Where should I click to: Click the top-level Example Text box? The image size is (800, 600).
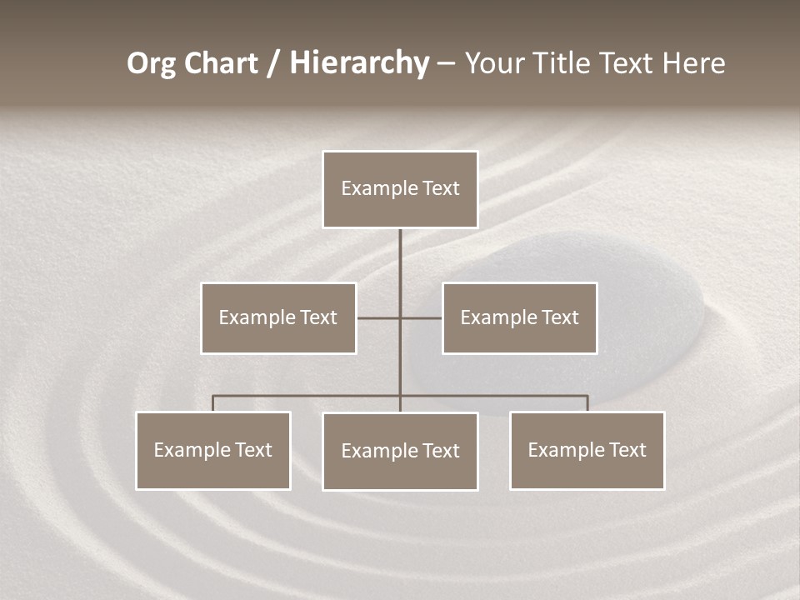click(400, 189)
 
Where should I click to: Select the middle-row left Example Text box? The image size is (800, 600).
click(278, 318)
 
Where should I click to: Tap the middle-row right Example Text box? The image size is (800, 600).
click(519, 318)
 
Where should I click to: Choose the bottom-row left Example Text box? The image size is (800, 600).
click(213, 451)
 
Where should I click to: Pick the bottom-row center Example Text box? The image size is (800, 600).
click(400, 452)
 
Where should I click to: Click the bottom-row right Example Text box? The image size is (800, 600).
click(587, 451)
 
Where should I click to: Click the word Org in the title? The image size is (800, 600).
click(151, 63)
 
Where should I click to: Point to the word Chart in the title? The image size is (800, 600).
click(220, 63)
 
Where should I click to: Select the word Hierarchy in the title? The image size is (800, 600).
click(358, 63)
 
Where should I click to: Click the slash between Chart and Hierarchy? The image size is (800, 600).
click(274, 64)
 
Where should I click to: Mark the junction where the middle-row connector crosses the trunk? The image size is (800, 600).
click(400, 318)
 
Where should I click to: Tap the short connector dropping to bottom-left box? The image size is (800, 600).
click(213, 404)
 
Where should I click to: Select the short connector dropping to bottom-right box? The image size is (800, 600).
click(587, 404)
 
